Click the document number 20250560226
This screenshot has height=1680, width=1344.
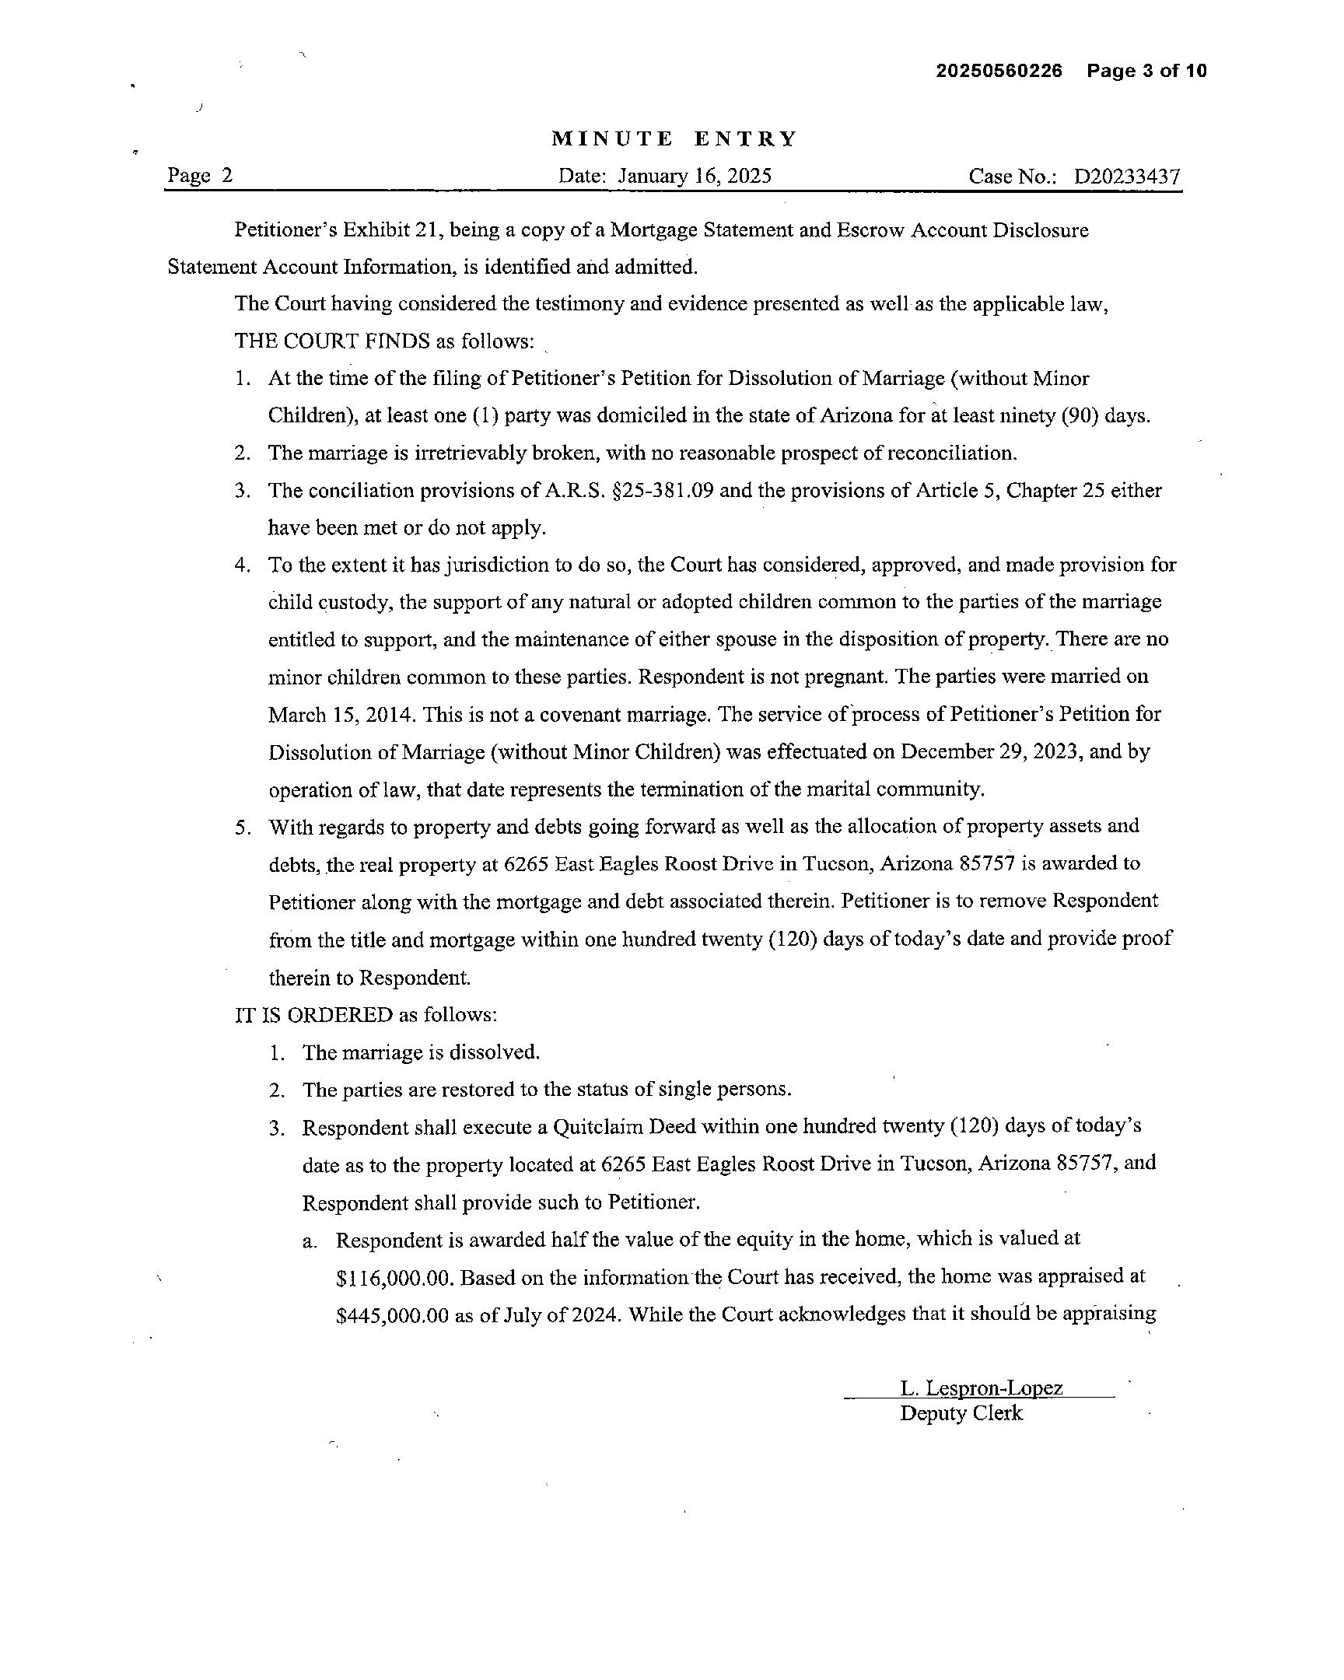click(999, 71)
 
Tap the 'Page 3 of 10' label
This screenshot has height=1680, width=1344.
click(1147, 71)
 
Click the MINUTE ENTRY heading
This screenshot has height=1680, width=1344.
click(675, 138)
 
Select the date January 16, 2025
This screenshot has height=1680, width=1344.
click(695, 176)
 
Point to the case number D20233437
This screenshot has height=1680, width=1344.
click(1127, 177)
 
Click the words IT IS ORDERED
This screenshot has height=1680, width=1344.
click(314, 1014)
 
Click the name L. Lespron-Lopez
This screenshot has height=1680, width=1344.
click(981, 1388)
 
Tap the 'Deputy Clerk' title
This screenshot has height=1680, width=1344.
click(961, 1413)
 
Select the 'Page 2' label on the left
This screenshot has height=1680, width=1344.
click(200, 175)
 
